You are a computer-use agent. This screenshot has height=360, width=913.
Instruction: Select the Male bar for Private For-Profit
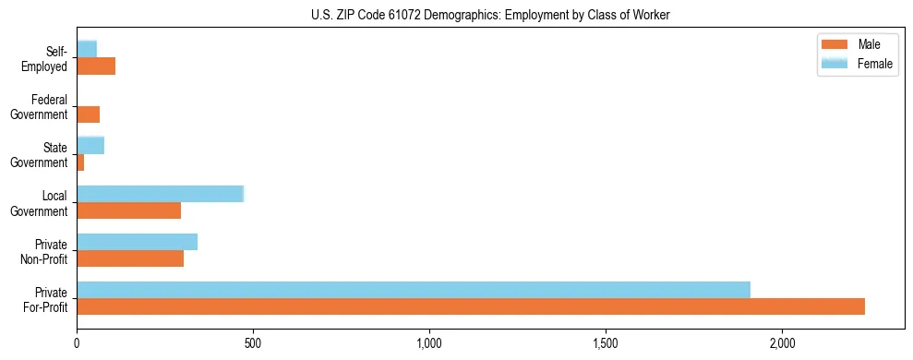471,306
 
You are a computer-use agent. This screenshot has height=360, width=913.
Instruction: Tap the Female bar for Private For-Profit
414,290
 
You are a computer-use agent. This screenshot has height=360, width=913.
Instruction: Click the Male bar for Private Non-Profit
130,258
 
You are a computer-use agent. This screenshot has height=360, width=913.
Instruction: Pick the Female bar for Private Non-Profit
138,242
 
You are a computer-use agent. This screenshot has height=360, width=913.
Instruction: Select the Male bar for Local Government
129,210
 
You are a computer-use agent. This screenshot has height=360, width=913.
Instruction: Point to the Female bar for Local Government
161,194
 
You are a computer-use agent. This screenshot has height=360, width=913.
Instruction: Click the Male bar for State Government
81,162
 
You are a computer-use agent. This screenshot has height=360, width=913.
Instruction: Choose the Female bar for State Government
90,145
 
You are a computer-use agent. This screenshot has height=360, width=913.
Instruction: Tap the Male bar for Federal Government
89,114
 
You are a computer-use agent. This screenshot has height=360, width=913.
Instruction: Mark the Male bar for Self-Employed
96,66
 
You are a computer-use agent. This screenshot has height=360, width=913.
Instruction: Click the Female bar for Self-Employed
87,49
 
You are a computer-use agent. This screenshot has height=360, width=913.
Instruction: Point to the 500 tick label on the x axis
253,343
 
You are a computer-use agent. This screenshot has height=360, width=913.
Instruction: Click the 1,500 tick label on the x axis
606,343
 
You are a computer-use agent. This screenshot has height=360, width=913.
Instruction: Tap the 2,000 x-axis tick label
782,343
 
